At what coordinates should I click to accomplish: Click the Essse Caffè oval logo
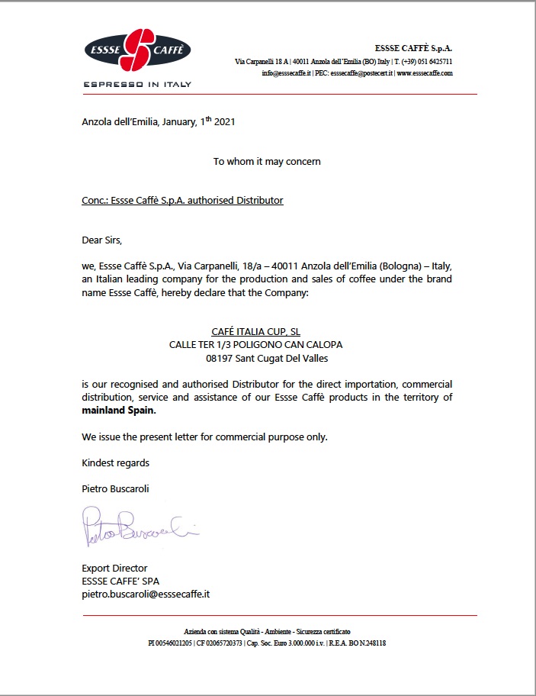coord(137,50)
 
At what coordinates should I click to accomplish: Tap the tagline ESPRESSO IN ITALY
coord(137,84)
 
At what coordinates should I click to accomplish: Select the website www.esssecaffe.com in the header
coord(425,73)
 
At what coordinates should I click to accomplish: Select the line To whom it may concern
coord(267,162)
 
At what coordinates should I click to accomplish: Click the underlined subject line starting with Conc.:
coord(182,201)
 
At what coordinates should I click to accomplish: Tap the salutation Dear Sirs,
coord(101,240)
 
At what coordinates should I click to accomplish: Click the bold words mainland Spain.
coord(118,411)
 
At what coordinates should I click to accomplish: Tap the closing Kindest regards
coord(115,462)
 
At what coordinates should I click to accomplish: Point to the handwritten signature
coord(137,527)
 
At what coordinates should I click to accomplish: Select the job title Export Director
coord(114,568)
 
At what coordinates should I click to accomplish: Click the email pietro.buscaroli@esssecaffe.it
coord(146,594)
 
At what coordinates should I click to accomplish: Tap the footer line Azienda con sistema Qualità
coord(267,633)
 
